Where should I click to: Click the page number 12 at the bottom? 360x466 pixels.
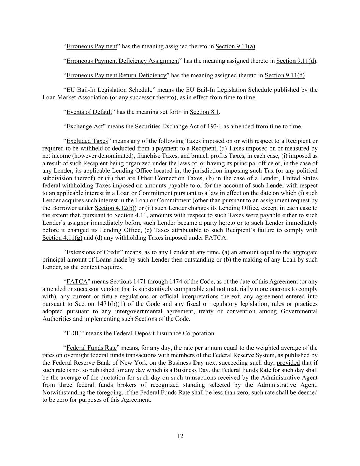tap(180, 436)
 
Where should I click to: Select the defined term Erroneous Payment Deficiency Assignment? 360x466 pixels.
tap(123, 61)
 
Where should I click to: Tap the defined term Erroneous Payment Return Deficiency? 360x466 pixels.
tap(116, 75)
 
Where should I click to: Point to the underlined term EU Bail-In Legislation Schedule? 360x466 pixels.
tap(109, 90)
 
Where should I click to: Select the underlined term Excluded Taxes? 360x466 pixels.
tap(87, 141)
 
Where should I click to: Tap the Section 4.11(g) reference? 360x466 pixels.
tap(62, 238)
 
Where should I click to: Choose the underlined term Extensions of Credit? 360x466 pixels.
tap(93, 252)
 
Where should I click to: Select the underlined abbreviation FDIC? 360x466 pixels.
tap(73, 333)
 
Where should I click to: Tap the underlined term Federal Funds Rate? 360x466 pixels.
tap(91, 348)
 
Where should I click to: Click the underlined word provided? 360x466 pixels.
tap(288, 363)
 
